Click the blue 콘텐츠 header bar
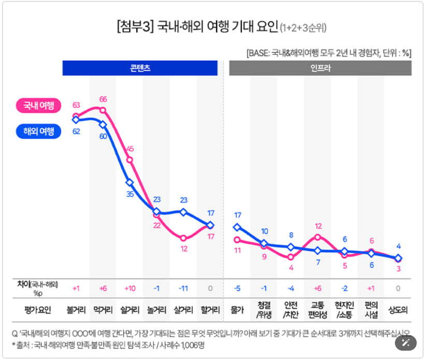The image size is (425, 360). point(140,68)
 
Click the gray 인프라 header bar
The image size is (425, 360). point(320,68)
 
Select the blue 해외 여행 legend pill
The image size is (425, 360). point(39,131)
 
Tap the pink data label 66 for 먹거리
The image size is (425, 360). point(103,99)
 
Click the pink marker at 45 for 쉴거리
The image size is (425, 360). point(130,160)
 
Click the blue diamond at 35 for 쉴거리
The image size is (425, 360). point(130,182)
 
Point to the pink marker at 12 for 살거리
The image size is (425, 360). point(183,238)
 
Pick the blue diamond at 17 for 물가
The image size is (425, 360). point(237,227)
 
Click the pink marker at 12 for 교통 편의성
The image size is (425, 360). point(318,237)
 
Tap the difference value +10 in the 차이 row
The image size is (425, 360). point(130,288)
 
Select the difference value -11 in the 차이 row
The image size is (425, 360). point(183,288)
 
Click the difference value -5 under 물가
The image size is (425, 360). point(237,288)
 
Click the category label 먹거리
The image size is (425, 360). point(103,310)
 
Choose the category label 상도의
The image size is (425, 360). point(398,310)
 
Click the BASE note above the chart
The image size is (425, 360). point(329,53)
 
